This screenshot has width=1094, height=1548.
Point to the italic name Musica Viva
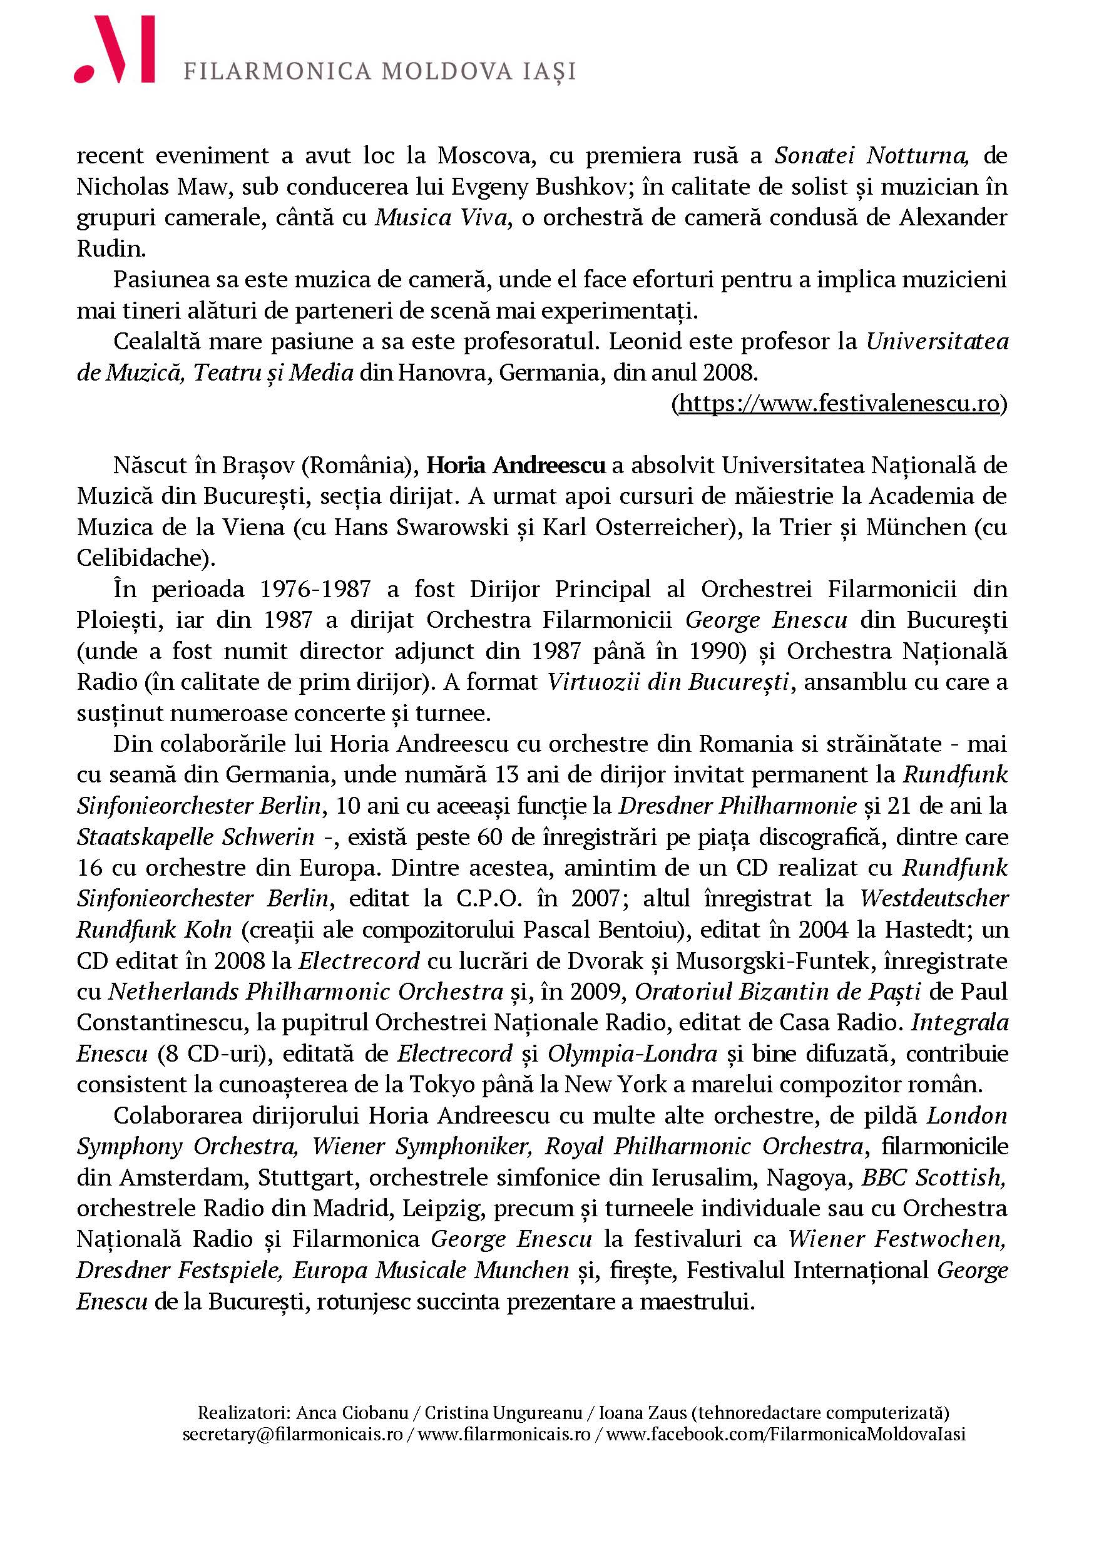click(441, 218)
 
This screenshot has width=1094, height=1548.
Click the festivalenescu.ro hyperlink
click(839, 403)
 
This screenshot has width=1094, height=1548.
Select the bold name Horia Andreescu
click(516, 465)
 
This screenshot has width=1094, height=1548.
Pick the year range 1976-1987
click(315, 589)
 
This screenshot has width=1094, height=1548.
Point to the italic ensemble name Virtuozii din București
click(668, 682)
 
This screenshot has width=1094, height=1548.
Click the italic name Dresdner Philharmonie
click(737, 806)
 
